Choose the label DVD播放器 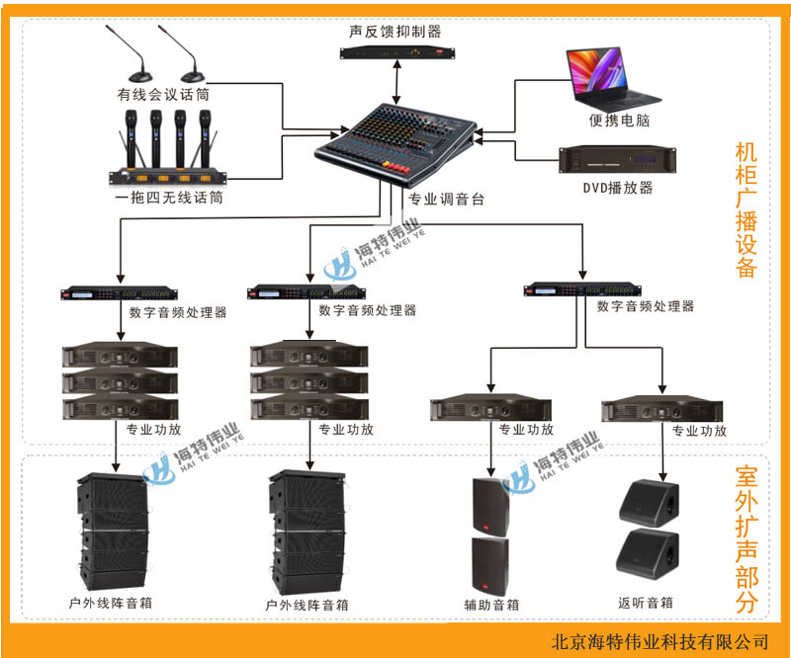tap(618, 188)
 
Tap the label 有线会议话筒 tap(163, 95)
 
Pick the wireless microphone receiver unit tap(167, 175)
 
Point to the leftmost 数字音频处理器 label tap(178, 312)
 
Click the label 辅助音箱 tap(491, 604)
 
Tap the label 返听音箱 tap(646, 602)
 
